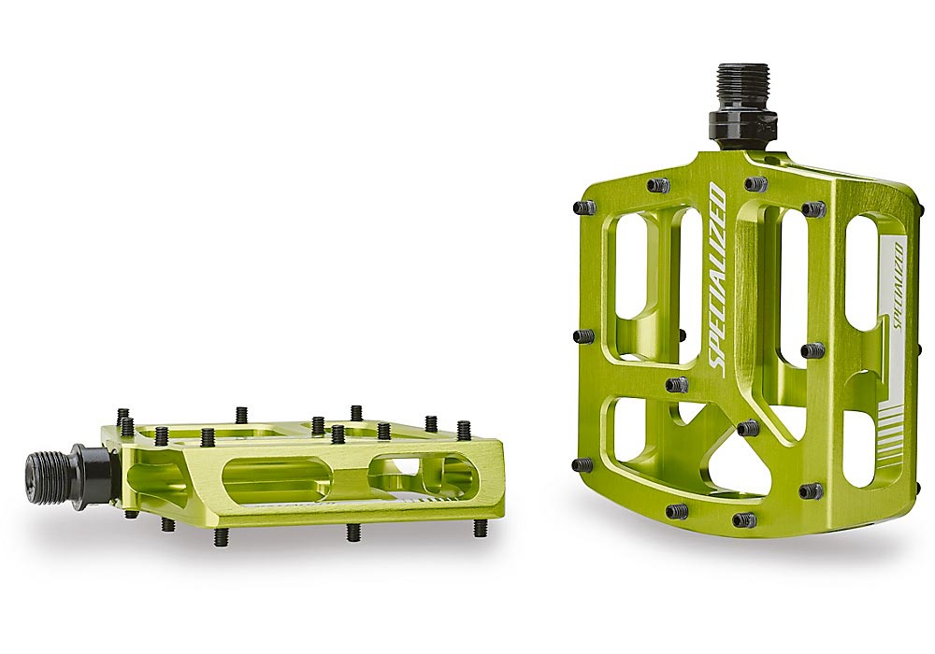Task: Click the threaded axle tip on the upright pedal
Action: (x=743, y=86)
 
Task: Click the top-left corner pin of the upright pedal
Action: (x=584, y=206)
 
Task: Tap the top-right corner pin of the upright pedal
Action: (x=813, y=208)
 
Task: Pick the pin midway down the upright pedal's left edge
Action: (x=583, y=335)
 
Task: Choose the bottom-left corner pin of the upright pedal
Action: (x=583, y=464)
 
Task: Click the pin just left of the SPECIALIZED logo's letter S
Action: (x=677, y=384)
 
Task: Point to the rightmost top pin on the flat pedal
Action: (x=464, y=429)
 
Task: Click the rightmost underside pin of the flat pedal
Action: (x=480, y=528)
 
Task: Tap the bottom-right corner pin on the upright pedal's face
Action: (x=811, y=490)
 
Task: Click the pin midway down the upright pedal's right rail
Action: (x=813, y=350)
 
